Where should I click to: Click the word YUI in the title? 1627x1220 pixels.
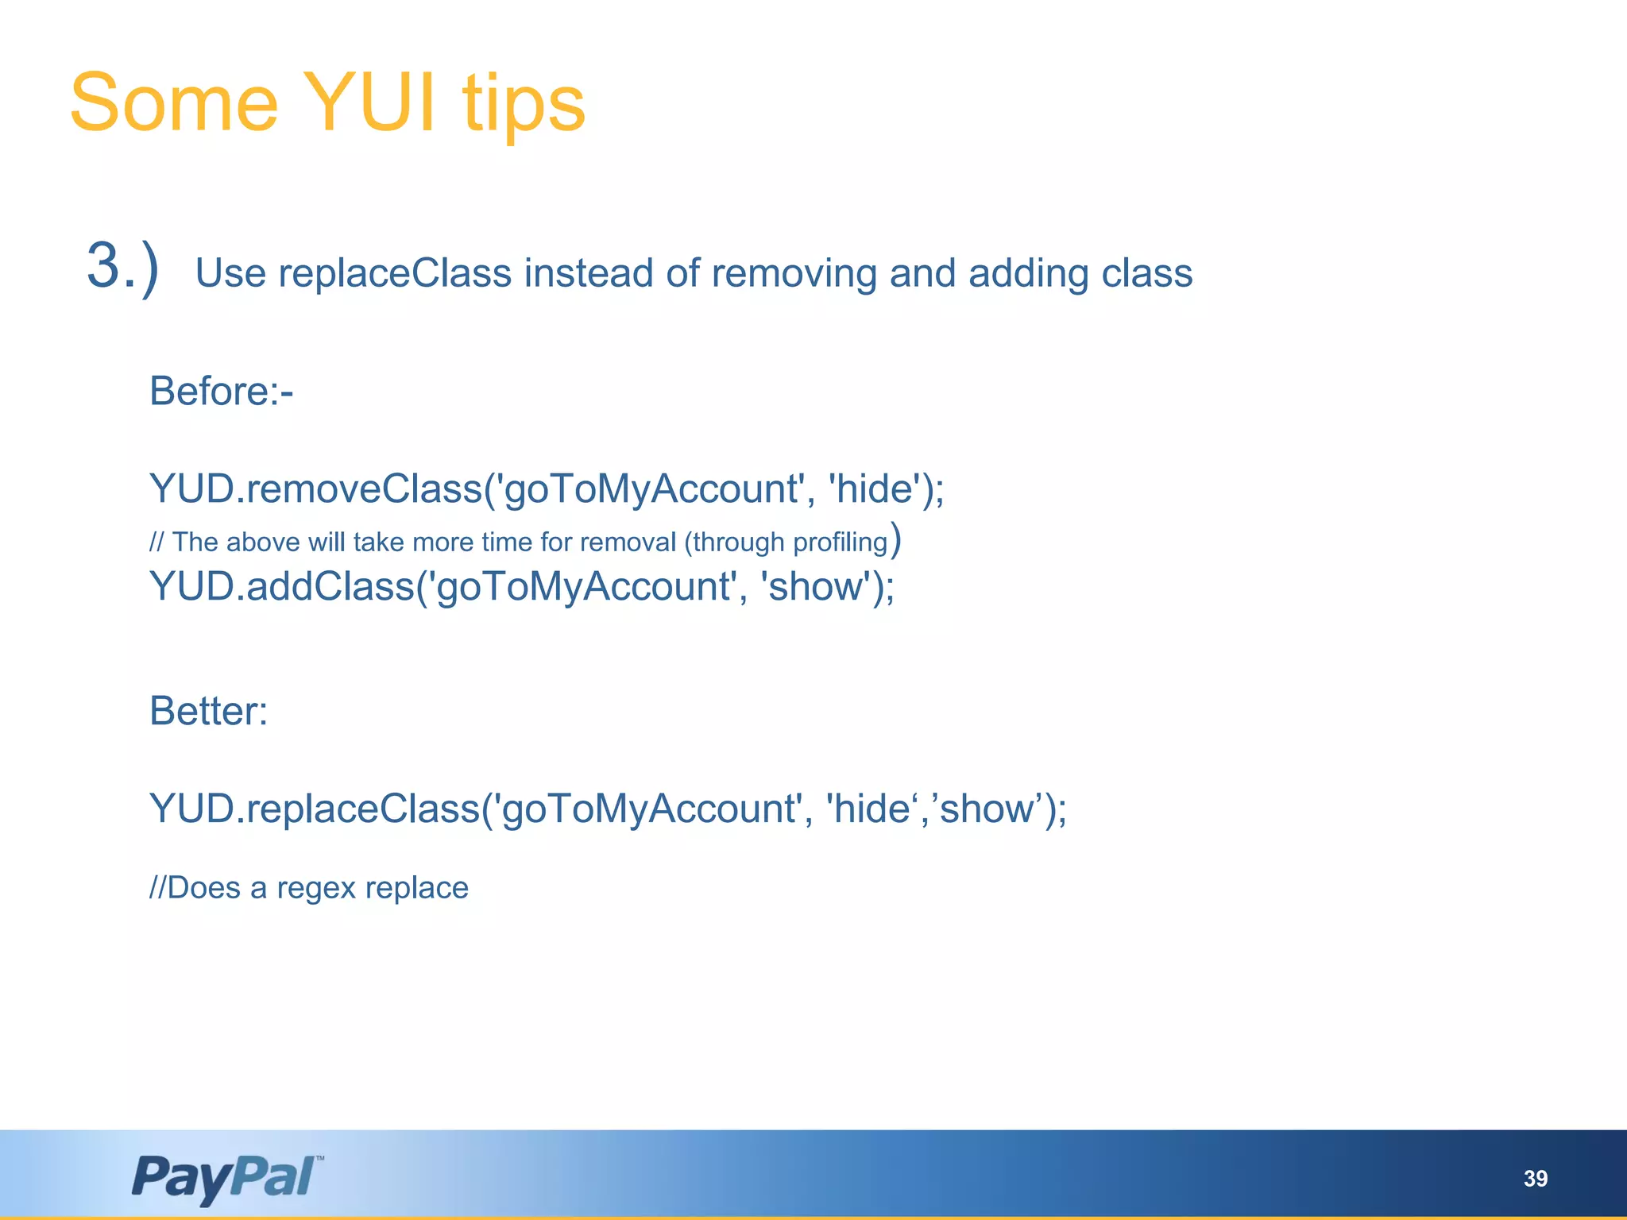[x=369, y=103]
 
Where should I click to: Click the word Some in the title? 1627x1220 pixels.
[x=174, y=103]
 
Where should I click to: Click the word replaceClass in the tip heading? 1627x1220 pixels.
[x=395, y=273]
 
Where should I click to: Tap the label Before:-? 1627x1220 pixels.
[x=222, y=391]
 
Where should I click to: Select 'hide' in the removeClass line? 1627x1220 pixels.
[x=874, y=488]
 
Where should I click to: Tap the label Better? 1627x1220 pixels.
[x=209, y=710]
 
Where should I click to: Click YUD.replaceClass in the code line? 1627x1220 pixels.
[x=315, y=809]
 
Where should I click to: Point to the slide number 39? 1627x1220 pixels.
[x=1535, y=1179]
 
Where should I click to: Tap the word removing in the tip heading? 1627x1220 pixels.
[x=794, y=273]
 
